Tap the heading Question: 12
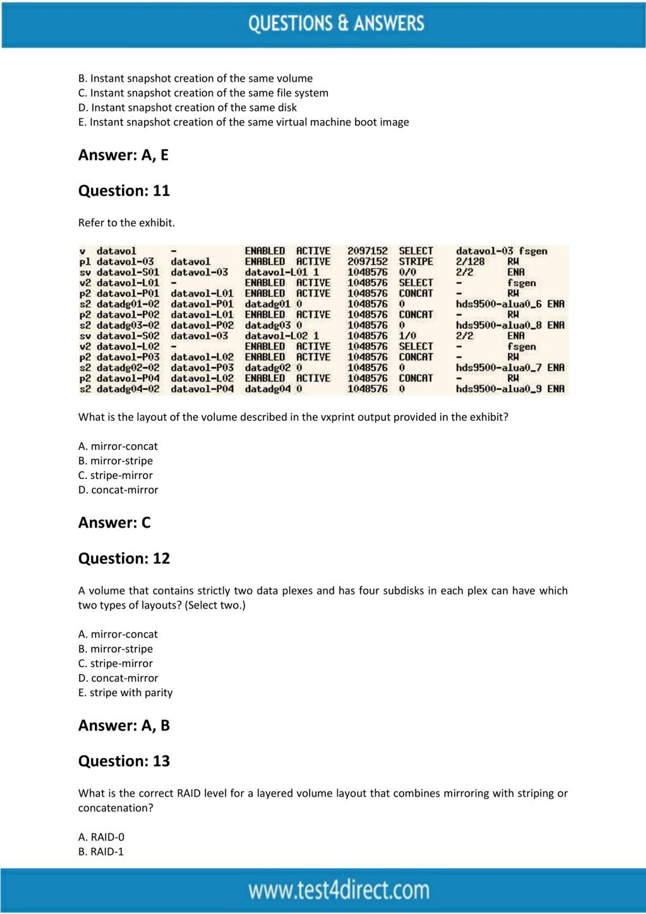[124, 559]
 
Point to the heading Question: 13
[124, 761]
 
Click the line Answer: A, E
[123, 155]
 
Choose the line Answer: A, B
[124, 725]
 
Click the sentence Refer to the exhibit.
[126, 223]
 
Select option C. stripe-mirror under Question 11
[115, 475]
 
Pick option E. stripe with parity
[125, 693]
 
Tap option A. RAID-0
[101, 837]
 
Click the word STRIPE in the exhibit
[416, 262]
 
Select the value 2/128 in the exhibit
[470, 262]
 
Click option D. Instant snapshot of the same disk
[187, 108]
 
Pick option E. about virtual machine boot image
[244, 122]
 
